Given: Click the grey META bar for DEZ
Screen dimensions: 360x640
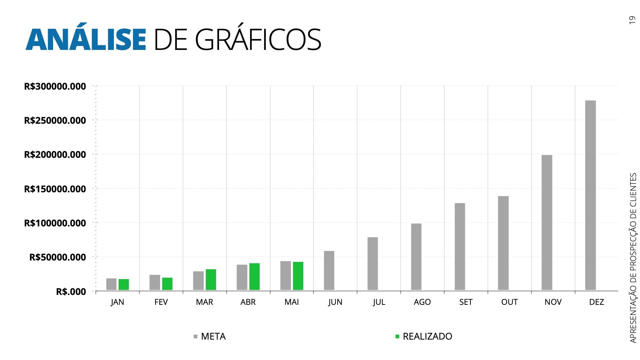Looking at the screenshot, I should [590, 195].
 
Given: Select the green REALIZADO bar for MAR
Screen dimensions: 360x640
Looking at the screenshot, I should [211, 279].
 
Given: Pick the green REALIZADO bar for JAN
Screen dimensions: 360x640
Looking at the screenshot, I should [123, 284].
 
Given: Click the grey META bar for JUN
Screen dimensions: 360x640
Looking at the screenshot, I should [329, 270].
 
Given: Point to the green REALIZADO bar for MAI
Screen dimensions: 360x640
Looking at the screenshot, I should [298, 276].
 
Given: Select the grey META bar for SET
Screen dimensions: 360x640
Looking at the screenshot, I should [460, 246].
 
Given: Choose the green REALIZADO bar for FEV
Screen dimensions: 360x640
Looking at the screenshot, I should [167, 284].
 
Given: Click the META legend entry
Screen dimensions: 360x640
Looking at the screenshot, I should [210, 336].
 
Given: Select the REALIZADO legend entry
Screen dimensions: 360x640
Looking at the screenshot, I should [424, 336].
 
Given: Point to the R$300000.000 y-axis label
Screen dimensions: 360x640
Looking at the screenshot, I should [55, 86].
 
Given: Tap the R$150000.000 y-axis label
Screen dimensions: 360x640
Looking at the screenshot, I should [55, 189].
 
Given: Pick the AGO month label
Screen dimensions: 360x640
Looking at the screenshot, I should [422, 302].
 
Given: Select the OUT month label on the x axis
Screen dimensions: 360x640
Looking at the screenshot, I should [509, 302].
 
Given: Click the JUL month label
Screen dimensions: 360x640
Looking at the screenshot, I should [379, 302].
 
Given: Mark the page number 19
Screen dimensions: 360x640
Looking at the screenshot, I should [632, 20].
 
